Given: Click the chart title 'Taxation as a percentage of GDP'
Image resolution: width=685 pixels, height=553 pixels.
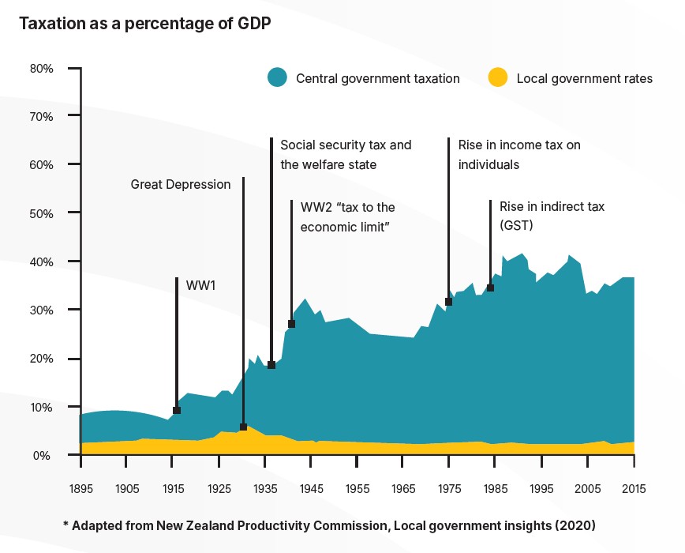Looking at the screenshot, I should tap(145, 24).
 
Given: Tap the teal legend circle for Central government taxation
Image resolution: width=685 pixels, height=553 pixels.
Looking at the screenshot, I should tap(277, 77).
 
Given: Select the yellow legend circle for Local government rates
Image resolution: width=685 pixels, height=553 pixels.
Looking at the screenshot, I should tap(497, 77).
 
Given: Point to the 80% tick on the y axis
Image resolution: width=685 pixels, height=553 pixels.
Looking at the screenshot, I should tap(42, 68).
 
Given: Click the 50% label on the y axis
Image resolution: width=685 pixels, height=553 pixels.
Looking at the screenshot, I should tap(42, 213).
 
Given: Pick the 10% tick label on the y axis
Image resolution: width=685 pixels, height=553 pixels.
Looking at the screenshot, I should tap(42, 407).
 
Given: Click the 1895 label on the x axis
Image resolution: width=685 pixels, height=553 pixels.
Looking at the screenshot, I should tap(80, 488).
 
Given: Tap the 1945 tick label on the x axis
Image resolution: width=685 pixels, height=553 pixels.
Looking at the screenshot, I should tap(311, 488).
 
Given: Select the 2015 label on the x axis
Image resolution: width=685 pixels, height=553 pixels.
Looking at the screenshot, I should tap(634, 488).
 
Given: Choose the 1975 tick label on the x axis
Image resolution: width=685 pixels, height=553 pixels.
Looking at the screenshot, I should tap(449, 488).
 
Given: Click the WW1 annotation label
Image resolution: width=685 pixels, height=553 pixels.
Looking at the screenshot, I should tap(200, 284).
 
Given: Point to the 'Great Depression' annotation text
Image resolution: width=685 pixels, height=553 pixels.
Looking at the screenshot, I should tap(181, 184).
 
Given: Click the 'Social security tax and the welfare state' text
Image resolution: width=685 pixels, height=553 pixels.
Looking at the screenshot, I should tap(346, 155).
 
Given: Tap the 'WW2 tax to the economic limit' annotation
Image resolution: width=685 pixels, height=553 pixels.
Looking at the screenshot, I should tap(347, 216).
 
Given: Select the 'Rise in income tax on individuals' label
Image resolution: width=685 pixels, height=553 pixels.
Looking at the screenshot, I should tap(519, 155).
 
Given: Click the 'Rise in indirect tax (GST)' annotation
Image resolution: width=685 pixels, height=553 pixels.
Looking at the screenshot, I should tap(552, 216).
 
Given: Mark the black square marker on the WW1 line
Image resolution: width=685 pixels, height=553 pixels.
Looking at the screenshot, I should tap(177, 410).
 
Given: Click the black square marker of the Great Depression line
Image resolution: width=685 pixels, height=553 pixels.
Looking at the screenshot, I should tap(243, 427).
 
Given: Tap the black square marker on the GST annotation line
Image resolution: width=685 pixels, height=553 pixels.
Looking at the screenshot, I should tap(490, 288).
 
